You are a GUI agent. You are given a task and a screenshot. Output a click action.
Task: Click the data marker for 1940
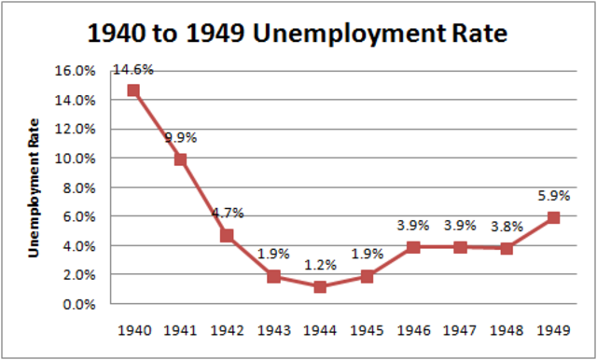(133, 90)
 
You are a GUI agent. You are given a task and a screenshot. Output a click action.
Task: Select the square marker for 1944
(320, 286)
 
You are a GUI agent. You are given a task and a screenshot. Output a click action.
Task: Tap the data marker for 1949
(553, 217)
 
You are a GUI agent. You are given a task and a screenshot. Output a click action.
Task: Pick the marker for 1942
(227, 235)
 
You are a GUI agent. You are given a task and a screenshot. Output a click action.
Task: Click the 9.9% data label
(181, 138)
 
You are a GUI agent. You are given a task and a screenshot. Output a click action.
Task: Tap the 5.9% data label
(553, 196)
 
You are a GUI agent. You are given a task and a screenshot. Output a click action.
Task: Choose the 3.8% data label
(507, 226)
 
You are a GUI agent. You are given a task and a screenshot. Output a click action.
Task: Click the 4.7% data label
(227, 213)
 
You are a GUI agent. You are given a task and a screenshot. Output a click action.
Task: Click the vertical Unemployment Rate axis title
(36, 187)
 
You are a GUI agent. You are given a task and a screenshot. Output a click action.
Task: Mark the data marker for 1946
(413, 246)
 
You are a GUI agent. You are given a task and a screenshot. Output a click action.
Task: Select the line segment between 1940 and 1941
(157, 125)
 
